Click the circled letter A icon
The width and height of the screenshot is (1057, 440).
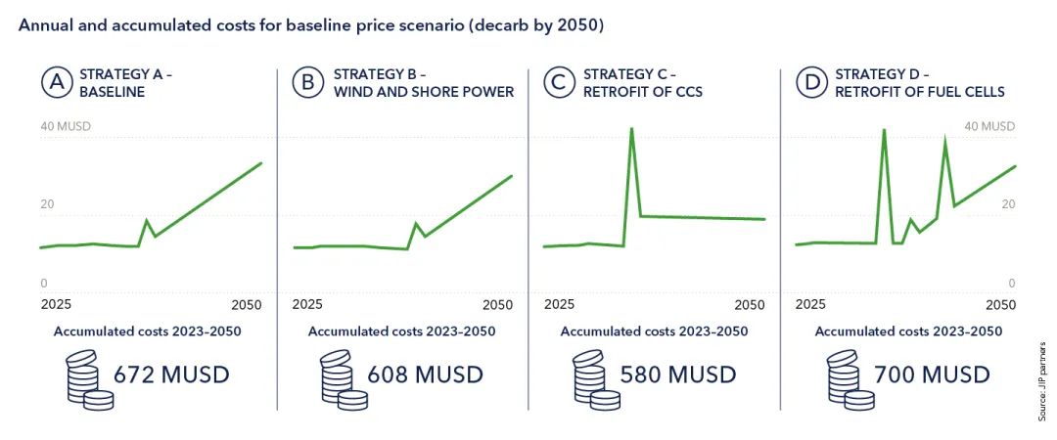55,83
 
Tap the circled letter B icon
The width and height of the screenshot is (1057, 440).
307,83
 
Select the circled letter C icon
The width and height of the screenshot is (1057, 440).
559,83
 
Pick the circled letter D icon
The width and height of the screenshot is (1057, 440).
811,83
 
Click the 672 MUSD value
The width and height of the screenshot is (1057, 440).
171,374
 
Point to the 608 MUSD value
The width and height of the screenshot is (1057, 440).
426,374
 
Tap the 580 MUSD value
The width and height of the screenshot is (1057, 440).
677,374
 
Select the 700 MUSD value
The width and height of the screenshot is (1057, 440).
932,374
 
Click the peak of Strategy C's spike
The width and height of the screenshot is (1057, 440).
631,128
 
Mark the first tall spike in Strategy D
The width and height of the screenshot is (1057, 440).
884,129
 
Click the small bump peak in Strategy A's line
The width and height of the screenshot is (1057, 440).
147,220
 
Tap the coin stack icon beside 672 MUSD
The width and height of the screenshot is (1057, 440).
89,379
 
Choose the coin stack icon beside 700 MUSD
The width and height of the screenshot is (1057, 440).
850,379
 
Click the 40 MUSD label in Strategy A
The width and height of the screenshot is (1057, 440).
65,126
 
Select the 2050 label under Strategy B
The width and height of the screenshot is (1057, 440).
498,305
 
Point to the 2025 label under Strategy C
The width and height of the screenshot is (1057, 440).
560,305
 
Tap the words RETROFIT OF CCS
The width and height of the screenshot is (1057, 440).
642,92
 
